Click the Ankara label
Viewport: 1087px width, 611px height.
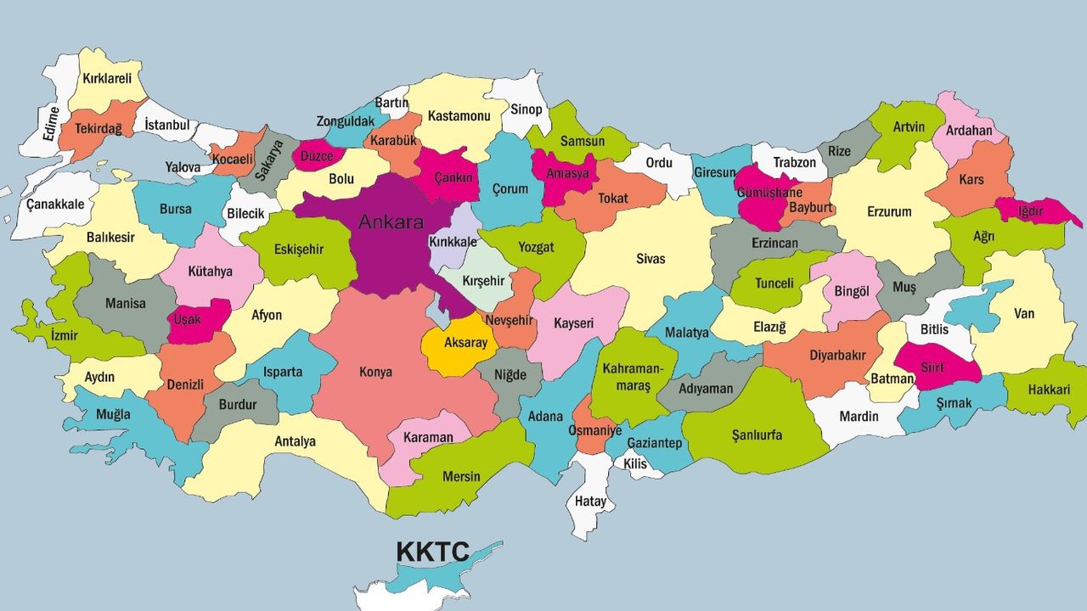pos(391,223)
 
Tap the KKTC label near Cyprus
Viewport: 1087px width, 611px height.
pos(432,552)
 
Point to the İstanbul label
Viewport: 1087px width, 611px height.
pos(166,126)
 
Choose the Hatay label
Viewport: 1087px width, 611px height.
pos(590,502)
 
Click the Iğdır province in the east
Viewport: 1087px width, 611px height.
pos(1033,211)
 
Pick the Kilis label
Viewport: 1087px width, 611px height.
pos(634,464)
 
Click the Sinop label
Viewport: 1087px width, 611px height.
pos(526,109)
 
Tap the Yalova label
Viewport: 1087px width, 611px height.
pos(183,167)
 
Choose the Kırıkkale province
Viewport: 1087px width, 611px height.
pos(453,243)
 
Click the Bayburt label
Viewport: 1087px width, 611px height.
pos(809,206)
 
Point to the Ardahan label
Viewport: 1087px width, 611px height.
pos(968,131)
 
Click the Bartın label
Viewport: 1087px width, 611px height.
pos(391,103)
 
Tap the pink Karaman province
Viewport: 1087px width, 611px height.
pos(429,438)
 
